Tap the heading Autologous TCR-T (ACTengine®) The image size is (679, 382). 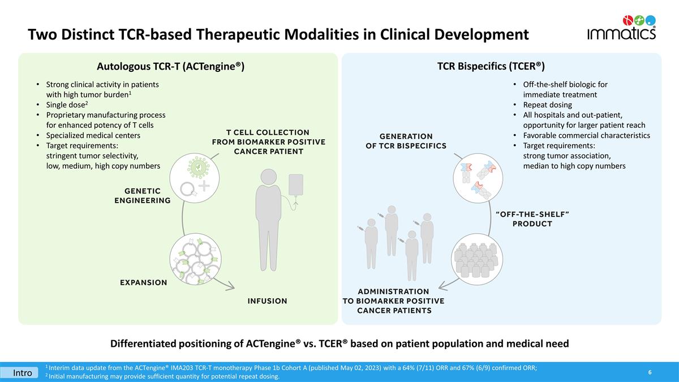click(x=170, y=66)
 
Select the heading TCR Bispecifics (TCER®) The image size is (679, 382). click(x=491, y=66)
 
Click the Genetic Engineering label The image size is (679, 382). click(x=142, y=196)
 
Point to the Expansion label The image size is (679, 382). click(x=143, y=282)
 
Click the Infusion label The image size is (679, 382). click(x=267, y=301)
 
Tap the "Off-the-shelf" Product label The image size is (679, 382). click(x=532, y=218)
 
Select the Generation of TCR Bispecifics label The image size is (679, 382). click(x=406, y=141)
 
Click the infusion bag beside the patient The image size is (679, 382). click(x=296, y=186)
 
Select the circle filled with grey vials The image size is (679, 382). click(x=475, y=259)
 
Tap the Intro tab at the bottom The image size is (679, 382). click(x=23, y=373)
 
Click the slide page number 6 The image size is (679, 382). click(x=650, y=372)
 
